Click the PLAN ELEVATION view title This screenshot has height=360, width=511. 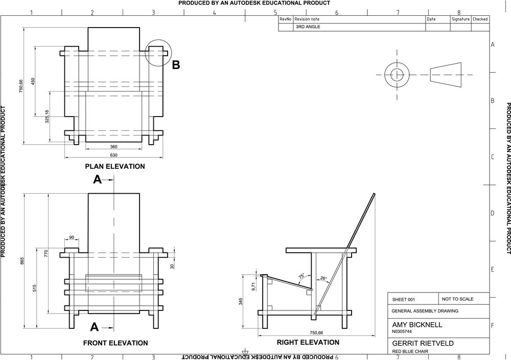[x=115, y=166]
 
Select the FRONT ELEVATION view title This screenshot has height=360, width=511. [x=115, y=343]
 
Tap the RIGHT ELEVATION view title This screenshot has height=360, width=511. [x=308, y=343]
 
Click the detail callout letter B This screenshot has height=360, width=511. [x=176, y=65]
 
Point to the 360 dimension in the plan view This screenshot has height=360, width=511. [x=113, y=147]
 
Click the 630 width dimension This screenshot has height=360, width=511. [x=113, y=154]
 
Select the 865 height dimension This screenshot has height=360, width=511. [x=21, y=261]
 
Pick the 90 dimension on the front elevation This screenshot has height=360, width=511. [x=71, y=237]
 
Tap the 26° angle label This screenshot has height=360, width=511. [x=323, y=279]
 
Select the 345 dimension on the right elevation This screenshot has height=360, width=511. [x=241, y=302]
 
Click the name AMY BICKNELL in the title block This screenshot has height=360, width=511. [x=417, y=325]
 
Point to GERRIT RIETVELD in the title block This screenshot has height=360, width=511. [x=423, y=343]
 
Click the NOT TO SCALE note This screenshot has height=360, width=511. [x=458, y=299]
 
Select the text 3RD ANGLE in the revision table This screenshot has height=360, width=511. [x=308, y=27]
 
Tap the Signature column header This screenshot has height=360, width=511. [x=460, y=19]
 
